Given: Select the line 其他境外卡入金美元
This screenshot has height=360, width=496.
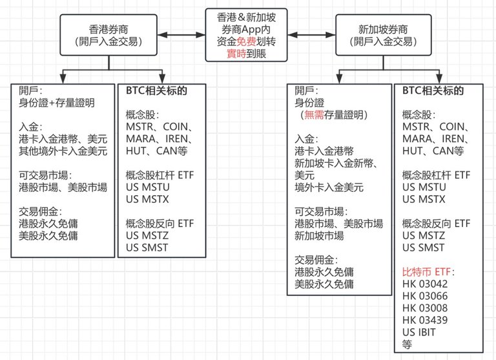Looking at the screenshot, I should point(63,151).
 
